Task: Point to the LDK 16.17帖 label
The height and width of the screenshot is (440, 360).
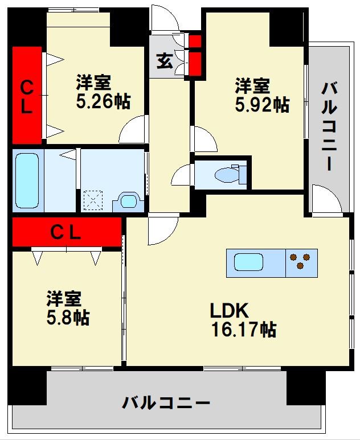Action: pyautogui.click(x=243, y=320)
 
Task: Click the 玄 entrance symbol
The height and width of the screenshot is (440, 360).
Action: pyautogui.click(x=164, y=60)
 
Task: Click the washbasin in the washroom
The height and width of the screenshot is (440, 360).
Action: pyautogui.click(x=129, y=201)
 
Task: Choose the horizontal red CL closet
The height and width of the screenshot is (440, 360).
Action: pyautogui.click(x=67, y=232)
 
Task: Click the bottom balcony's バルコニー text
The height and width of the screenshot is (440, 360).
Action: pyautogui.click(x=166, y=404)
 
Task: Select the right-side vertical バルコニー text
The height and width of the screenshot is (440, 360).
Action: pyautogui.click(x=329, y=126)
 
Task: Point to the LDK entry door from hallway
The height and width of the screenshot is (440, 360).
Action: pyautogui.click(x=162, y=231)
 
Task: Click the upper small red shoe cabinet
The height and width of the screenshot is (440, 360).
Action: pyautogui.click(x=195, y=41)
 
